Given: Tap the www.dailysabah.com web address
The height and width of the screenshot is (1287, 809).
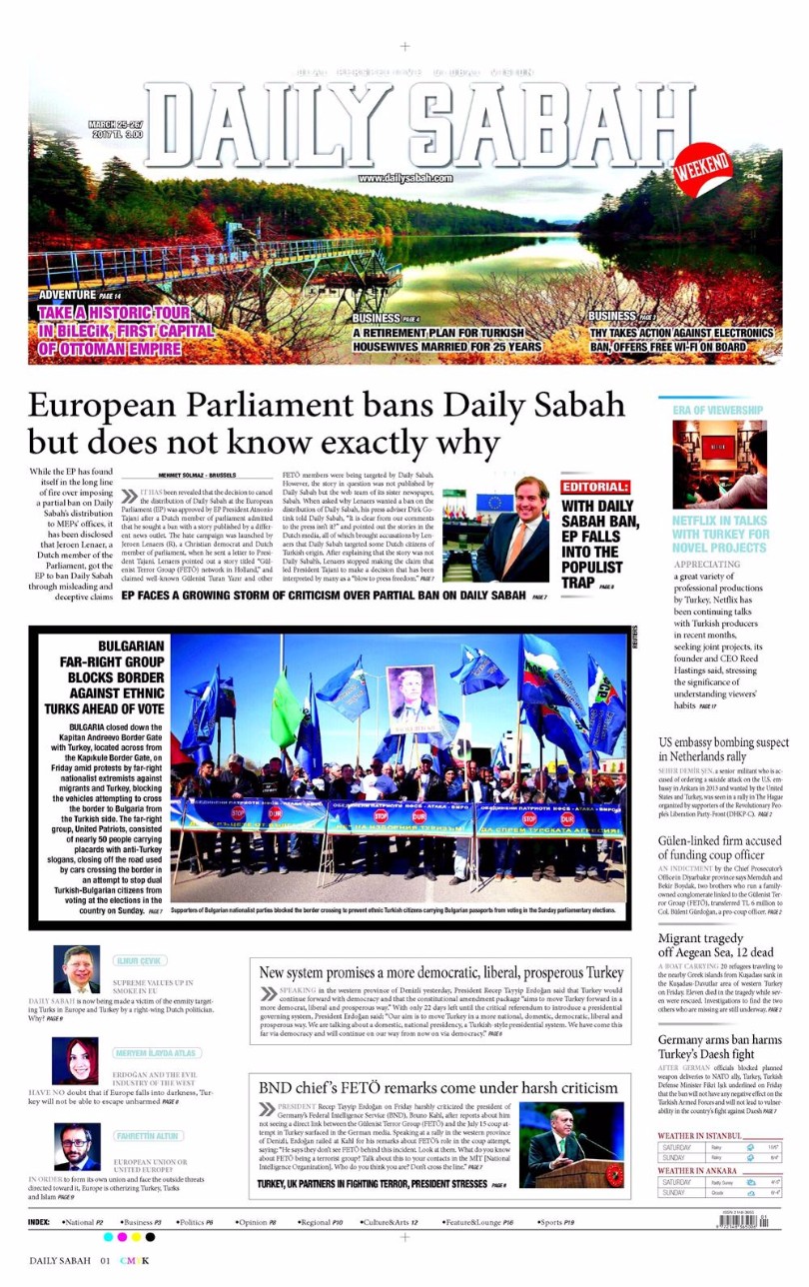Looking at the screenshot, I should point(404,178).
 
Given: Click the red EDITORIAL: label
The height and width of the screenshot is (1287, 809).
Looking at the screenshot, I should point(595,487).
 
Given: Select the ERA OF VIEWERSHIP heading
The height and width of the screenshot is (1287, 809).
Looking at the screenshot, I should point(718,410).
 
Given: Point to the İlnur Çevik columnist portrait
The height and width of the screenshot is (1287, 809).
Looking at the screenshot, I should point(77,968).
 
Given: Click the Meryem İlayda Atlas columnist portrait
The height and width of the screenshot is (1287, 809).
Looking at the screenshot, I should point(77,1060).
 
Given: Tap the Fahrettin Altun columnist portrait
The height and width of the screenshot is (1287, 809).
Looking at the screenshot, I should point(77,1145).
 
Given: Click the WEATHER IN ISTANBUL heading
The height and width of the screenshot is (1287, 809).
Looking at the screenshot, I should point(700,1136).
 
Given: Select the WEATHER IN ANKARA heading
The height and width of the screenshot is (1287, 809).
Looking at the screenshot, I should point(697,1170).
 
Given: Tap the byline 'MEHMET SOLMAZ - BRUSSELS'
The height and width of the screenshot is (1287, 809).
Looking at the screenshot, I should point(196,475).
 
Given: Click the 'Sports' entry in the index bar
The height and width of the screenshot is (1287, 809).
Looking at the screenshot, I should point(556,1222).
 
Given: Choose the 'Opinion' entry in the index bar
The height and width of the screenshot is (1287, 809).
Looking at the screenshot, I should point(258,1222).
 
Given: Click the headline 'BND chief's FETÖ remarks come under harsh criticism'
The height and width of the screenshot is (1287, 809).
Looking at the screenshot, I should point(438,1087).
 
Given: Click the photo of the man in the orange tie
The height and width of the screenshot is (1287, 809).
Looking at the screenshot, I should point(511,529).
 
